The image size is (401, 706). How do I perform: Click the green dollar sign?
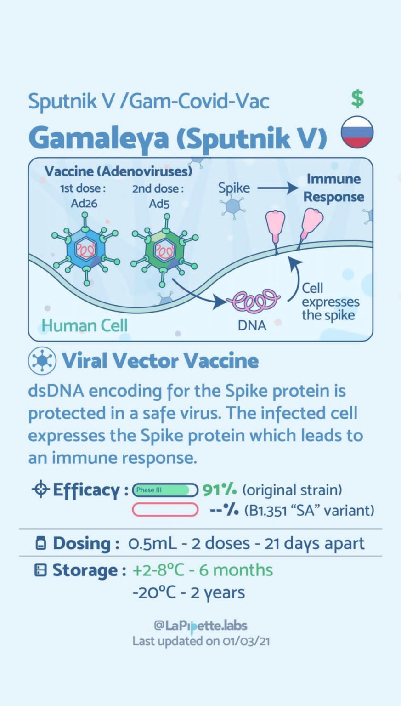coord(357,99)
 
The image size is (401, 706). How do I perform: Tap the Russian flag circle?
coord(357,131)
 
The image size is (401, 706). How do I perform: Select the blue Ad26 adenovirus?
coord(86,250)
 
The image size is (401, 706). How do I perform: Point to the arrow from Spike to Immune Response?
coord(277,188)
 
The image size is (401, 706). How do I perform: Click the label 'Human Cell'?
coord(85,325)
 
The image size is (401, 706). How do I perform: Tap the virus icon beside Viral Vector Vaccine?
coord(42,361)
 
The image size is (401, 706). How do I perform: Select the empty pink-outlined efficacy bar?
coord(165,510)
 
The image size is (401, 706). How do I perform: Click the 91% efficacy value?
coord(220,490)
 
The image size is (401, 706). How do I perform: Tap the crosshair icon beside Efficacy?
coord(40,490)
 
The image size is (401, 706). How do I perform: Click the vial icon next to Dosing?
coord(41,543)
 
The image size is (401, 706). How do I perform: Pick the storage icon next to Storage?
coord(41,570)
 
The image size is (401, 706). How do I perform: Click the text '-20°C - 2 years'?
coord(188,592)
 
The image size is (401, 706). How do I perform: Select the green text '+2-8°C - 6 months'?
coord(203,570)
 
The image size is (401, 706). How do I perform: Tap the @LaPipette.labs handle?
coord(200,626)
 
